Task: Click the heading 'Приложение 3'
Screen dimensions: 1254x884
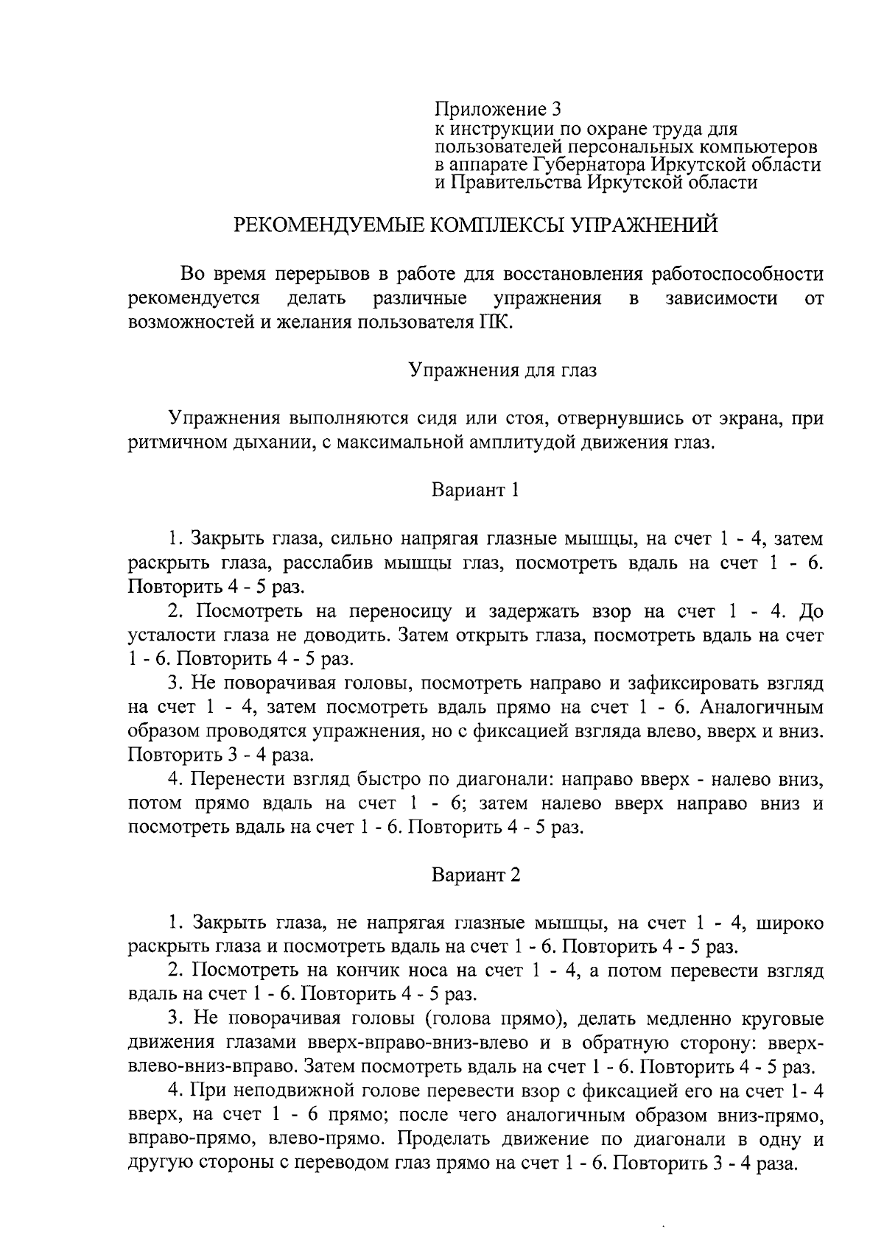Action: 497,110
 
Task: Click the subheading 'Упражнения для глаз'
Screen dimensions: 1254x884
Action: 503,370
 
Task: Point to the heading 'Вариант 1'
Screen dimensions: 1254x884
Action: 475,490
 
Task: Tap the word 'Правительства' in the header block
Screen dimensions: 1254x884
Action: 516,181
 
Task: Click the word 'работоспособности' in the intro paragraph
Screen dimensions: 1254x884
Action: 737,275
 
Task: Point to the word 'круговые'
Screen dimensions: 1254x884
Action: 782,1019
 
